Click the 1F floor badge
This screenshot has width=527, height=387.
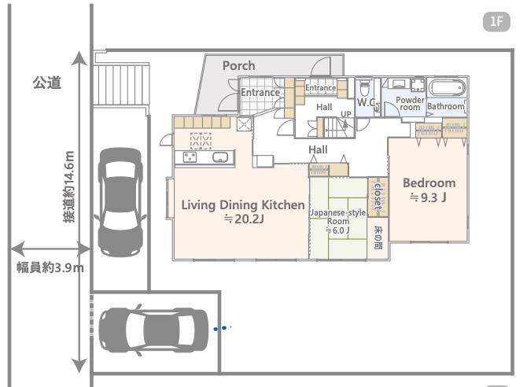coord(496,22)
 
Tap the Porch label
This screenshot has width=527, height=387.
coord(239,65)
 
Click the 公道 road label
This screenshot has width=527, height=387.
coord(46,83)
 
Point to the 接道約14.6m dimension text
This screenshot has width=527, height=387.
coord(69,186)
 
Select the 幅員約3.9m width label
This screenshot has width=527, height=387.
coord(50,268)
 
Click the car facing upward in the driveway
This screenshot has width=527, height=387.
coord(120,202)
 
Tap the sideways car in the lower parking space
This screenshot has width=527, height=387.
coord(153,330)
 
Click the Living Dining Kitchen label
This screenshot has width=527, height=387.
coord(243,205)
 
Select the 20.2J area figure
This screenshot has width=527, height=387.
coord(244,219)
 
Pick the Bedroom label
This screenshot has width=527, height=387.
coord(429,183)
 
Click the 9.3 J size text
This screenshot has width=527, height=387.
coord(428,197)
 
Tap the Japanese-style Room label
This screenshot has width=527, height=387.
coord(337,217)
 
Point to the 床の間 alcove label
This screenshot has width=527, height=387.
coord(378,237)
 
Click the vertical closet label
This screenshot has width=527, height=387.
coord(378,197)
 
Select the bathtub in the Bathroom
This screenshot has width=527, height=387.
coord(447,88)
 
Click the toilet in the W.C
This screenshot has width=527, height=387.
coord(365,88)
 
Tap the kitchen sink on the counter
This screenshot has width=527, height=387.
coord(220,157)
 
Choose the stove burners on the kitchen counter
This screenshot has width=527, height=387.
coord(190,157)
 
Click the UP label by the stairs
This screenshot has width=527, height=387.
coord(346,114)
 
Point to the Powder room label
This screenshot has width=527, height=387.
coord(410,104)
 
